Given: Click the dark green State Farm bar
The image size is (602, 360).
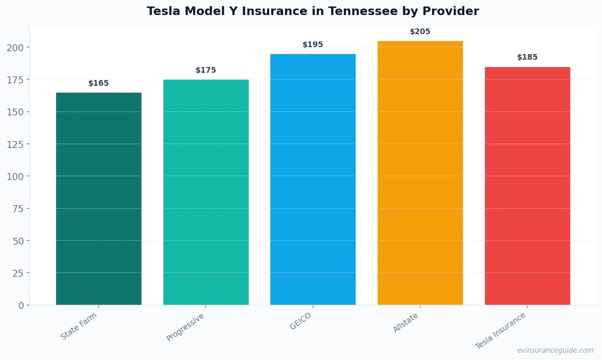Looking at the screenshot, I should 99,199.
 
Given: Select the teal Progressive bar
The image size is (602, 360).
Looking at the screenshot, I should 206,192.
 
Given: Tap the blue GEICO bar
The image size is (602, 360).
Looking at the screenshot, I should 313,179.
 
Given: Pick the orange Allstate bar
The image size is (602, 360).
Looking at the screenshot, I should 420,173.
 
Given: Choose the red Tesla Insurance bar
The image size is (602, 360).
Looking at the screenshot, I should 527,186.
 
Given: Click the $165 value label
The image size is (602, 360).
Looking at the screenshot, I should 99,83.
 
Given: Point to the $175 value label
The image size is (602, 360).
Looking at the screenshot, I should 206,70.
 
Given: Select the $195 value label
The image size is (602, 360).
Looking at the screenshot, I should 313,45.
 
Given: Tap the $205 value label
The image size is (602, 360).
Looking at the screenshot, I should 420,32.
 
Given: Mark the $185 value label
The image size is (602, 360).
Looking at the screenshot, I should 527,57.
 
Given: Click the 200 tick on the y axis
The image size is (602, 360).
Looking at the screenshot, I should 15,48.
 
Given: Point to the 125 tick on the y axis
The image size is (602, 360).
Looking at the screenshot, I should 15,144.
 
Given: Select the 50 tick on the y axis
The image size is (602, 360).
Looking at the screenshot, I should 18,241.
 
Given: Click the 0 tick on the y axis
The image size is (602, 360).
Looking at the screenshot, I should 21,306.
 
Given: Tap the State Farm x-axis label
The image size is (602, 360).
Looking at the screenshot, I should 79,326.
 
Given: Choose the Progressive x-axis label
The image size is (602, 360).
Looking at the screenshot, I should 185,327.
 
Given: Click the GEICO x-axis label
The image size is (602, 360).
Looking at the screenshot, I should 301,321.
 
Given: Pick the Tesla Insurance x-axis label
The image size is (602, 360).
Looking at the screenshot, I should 500,331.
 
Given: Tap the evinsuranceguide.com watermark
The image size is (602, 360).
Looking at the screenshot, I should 555,350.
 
